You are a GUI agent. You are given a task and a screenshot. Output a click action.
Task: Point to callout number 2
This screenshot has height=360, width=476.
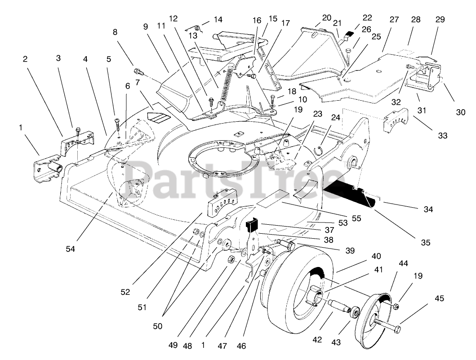(25, 59)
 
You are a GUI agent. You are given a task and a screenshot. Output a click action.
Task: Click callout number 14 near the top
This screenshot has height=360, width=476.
(218, 20)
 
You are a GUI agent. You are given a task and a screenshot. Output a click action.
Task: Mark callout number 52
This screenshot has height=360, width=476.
(125, 292)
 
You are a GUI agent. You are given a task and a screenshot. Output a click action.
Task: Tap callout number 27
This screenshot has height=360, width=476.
(394, 20)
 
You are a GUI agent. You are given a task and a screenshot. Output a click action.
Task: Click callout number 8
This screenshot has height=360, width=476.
(115, 32)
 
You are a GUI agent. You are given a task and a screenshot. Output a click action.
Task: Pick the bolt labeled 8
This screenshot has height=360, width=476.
(138, 71)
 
